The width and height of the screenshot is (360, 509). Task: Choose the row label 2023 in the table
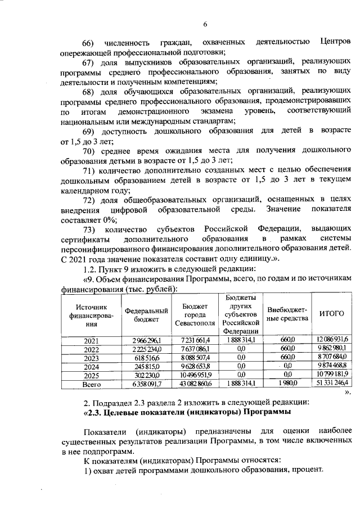tap(91, 358)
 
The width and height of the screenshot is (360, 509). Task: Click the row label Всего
tap(91, 385)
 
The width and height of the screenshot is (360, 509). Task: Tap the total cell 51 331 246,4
tap(332, 385)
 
